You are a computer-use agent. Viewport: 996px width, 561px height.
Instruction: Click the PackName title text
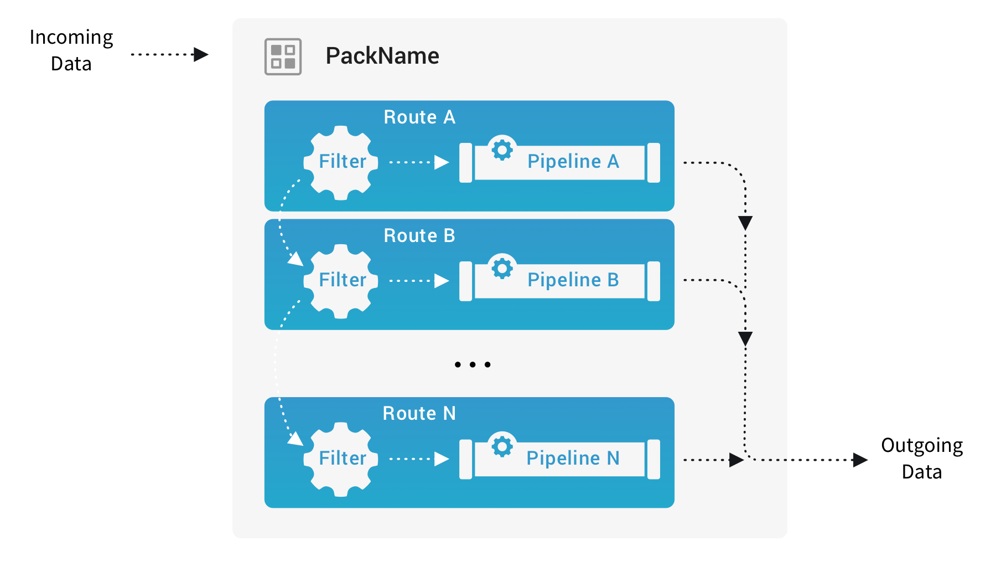pyautogui.click(x=382, y=56)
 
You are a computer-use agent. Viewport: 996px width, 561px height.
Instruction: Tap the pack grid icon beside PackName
pyautogui.click(x=283, y=56)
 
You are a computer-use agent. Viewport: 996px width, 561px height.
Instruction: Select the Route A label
pyautogui.click(x=419, y=117)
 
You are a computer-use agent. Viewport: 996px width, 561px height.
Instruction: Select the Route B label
pyautogui.click(x=419, y=236)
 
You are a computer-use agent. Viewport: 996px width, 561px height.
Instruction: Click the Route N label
pyautogui.click(x=419, y=414)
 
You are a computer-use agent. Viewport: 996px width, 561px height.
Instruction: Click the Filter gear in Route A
pyautogui.click(x=341, y=162)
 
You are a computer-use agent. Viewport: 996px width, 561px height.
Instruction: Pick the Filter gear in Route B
pyautogui.click(x=341, y=281)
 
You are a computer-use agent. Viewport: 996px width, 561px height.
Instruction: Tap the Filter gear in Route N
pyautogui.click(x=341, y=459)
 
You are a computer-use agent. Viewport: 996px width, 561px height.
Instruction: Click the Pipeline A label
pyautogui.click(x=573, y=162)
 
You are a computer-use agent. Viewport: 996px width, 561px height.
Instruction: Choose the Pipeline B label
pyautogui.click(x=573, y=280)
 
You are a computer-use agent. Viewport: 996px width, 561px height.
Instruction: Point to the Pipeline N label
pyautogui.click(x=573, y=459)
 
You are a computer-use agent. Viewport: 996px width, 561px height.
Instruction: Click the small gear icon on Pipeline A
pyautogui.click(x=502, y=150)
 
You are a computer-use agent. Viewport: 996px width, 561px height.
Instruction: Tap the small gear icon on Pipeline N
pyautogui.click(x=502, y=446)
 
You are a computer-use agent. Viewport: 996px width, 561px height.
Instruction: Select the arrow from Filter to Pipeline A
pyautogui.click(x=419, y=162)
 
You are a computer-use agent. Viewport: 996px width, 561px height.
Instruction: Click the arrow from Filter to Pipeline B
pyautogui.click(x=419, y=281)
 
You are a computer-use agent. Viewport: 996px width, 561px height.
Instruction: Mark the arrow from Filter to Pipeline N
pyautogui.click(x=419, y=459)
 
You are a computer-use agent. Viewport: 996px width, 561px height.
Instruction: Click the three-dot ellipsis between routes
pyautogui.click(x=473, y=364)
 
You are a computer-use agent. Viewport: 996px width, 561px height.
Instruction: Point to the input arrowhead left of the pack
pyautogui.click(x=201, y=55)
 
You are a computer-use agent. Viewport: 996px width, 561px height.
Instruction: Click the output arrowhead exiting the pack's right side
pyautogui.click(x=860, y=460)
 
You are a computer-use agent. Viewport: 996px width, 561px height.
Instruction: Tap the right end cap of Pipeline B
pyautogui.click(x=653, y=281)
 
